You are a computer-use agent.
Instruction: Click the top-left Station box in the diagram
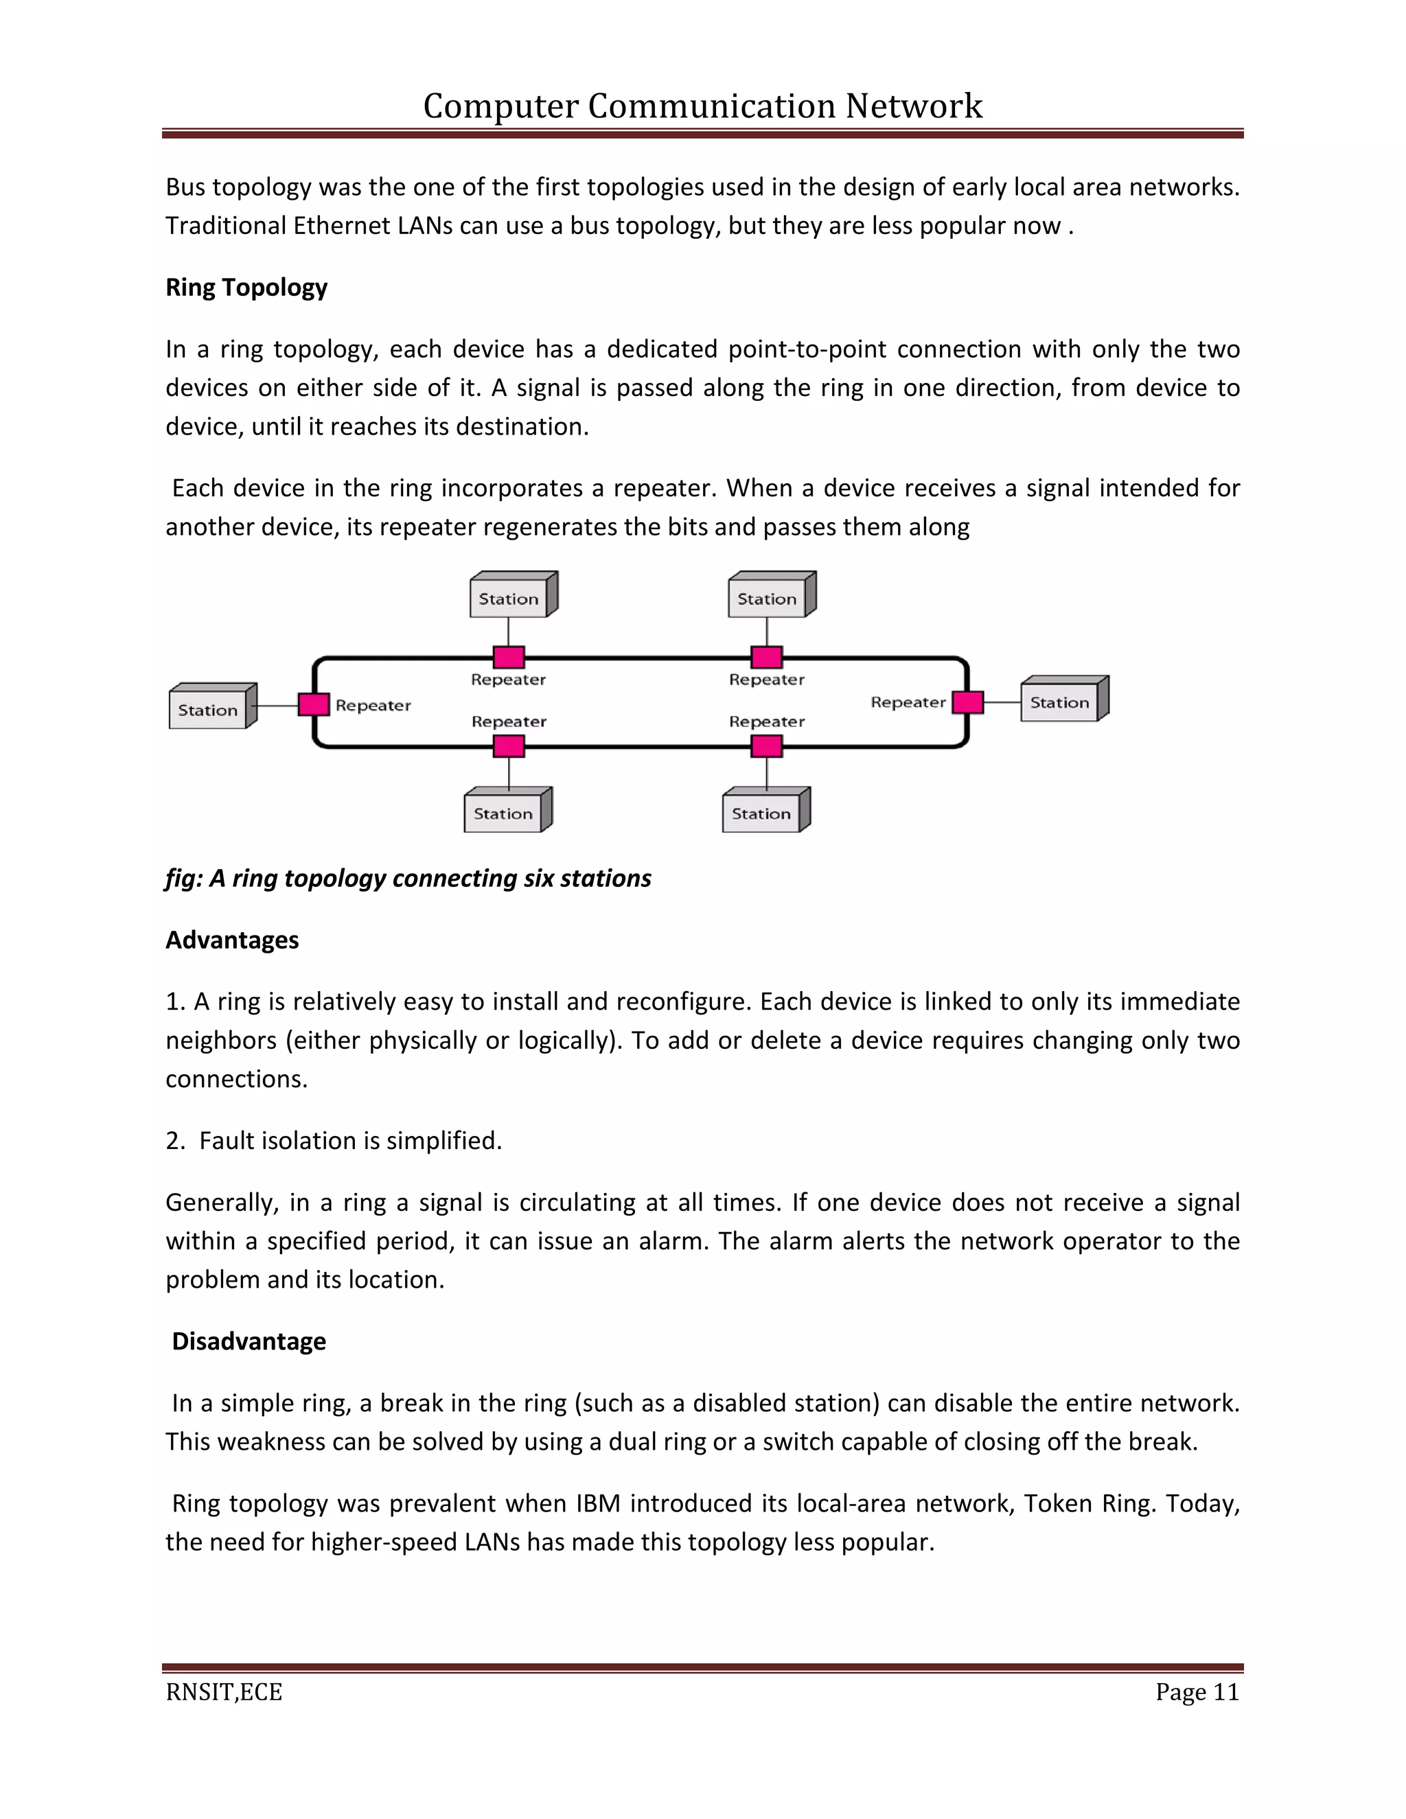click(x=509, y=598)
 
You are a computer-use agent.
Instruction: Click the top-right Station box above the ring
click(x=767, y=598)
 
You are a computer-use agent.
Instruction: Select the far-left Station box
click(x=208, y=710)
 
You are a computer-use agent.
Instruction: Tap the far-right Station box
click(x=1059, y=702)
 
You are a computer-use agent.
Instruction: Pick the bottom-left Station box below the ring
click(x=503, y=813)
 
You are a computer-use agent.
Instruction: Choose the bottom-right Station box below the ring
click(x=761, y=813)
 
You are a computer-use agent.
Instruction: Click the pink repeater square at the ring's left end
click(x=314, y=705)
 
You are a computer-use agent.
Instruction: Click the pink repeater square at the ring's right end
click(x=967, y=702)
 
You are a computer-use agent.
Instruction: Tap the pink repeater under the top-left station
click(x=509, y=657)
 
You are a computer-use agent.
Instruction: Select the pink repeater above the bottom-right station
click(x=766, y=746)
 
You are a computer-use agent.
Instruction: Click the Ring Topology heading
click(x=246, y=288)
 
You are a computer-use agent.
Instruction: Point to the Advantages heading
click(x=233, y=940)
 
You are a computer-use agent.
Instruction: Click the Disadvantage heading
click(x=249, y=1341)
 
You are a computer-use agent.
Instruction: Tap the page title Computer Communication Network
click(x=702, y=106)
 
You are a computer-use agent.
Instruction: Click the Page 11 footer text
click(x=1197, y=1691)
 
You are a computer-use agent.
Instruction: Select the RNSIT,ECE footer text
click(x=224, y=1691)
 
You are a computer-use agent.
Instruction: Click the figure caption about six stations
click(x=408, y=878)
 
